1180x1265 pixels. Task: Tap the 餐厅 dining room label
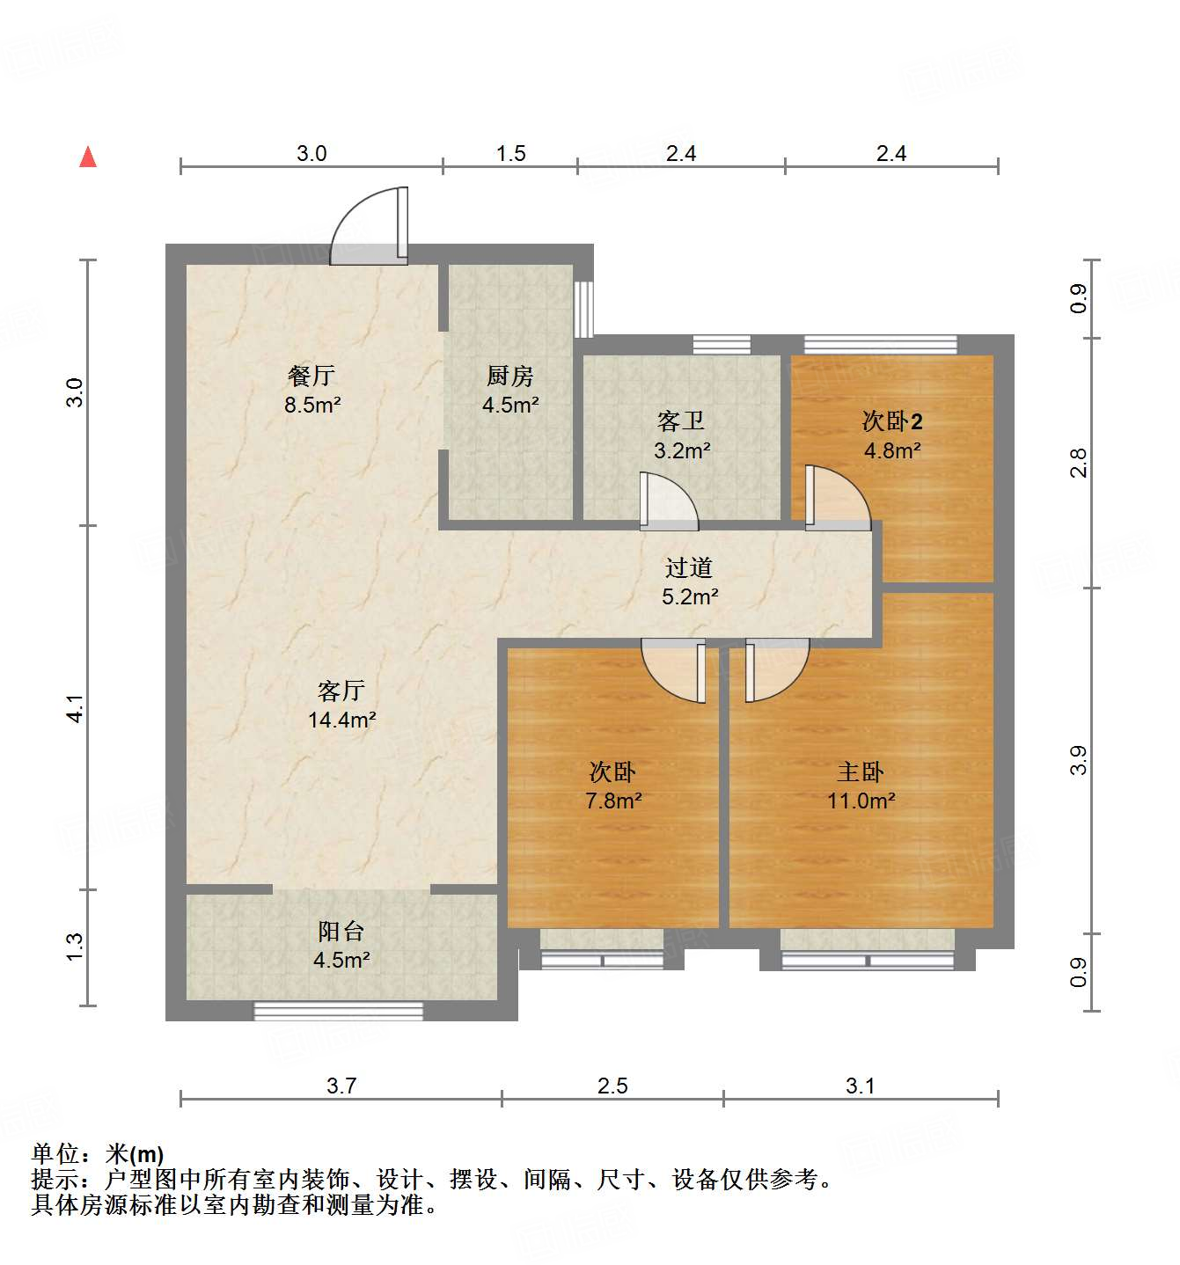tap(311, 376)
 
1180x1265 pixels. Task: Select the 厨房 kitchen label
tap(510, 376)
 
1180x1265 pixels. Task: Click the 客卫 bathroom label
tap(681, 421)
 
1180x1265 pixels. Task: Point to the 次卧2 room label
tap(892, 421)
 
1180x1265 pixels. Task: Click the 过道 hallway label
tap(689, 567)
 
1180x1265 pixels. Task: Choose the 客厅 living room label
tap(341, 691)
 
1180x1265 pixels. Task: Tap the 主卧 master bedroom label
tap(861, 771)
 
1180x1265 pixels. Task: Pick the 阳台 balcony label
tap(341, 931)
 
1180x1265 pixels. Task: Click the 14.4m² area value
tap(342, 720)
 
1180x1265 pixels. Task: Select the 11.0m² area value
tap(861, 801)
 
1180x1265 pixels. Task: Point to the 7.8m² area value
tap(613, 801)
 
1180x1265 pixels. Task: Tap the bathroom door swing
tap(668, 502)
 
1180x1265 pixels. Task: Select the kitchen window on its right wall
tap(583, 309)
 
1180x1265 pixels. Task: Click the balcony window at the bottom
tap(339, 1011)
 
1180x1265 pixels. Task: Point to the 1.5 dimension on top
tap(510, 153)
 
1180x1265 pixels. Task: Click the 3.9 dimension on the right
tap(1079, 760)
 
